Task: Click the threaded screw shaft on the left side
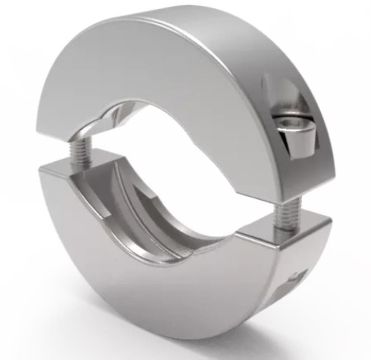[81, 150]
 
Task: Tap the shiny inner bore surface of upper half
[120, 114]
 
